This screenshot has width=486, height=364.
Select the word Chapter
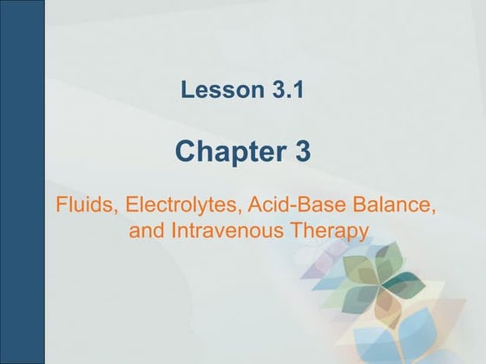225,153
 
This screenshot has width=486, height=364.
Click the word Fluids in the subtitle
85,208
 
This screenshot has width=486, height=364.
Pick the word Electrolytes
171,208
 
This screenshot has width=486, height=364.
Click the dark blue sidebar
23,182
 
